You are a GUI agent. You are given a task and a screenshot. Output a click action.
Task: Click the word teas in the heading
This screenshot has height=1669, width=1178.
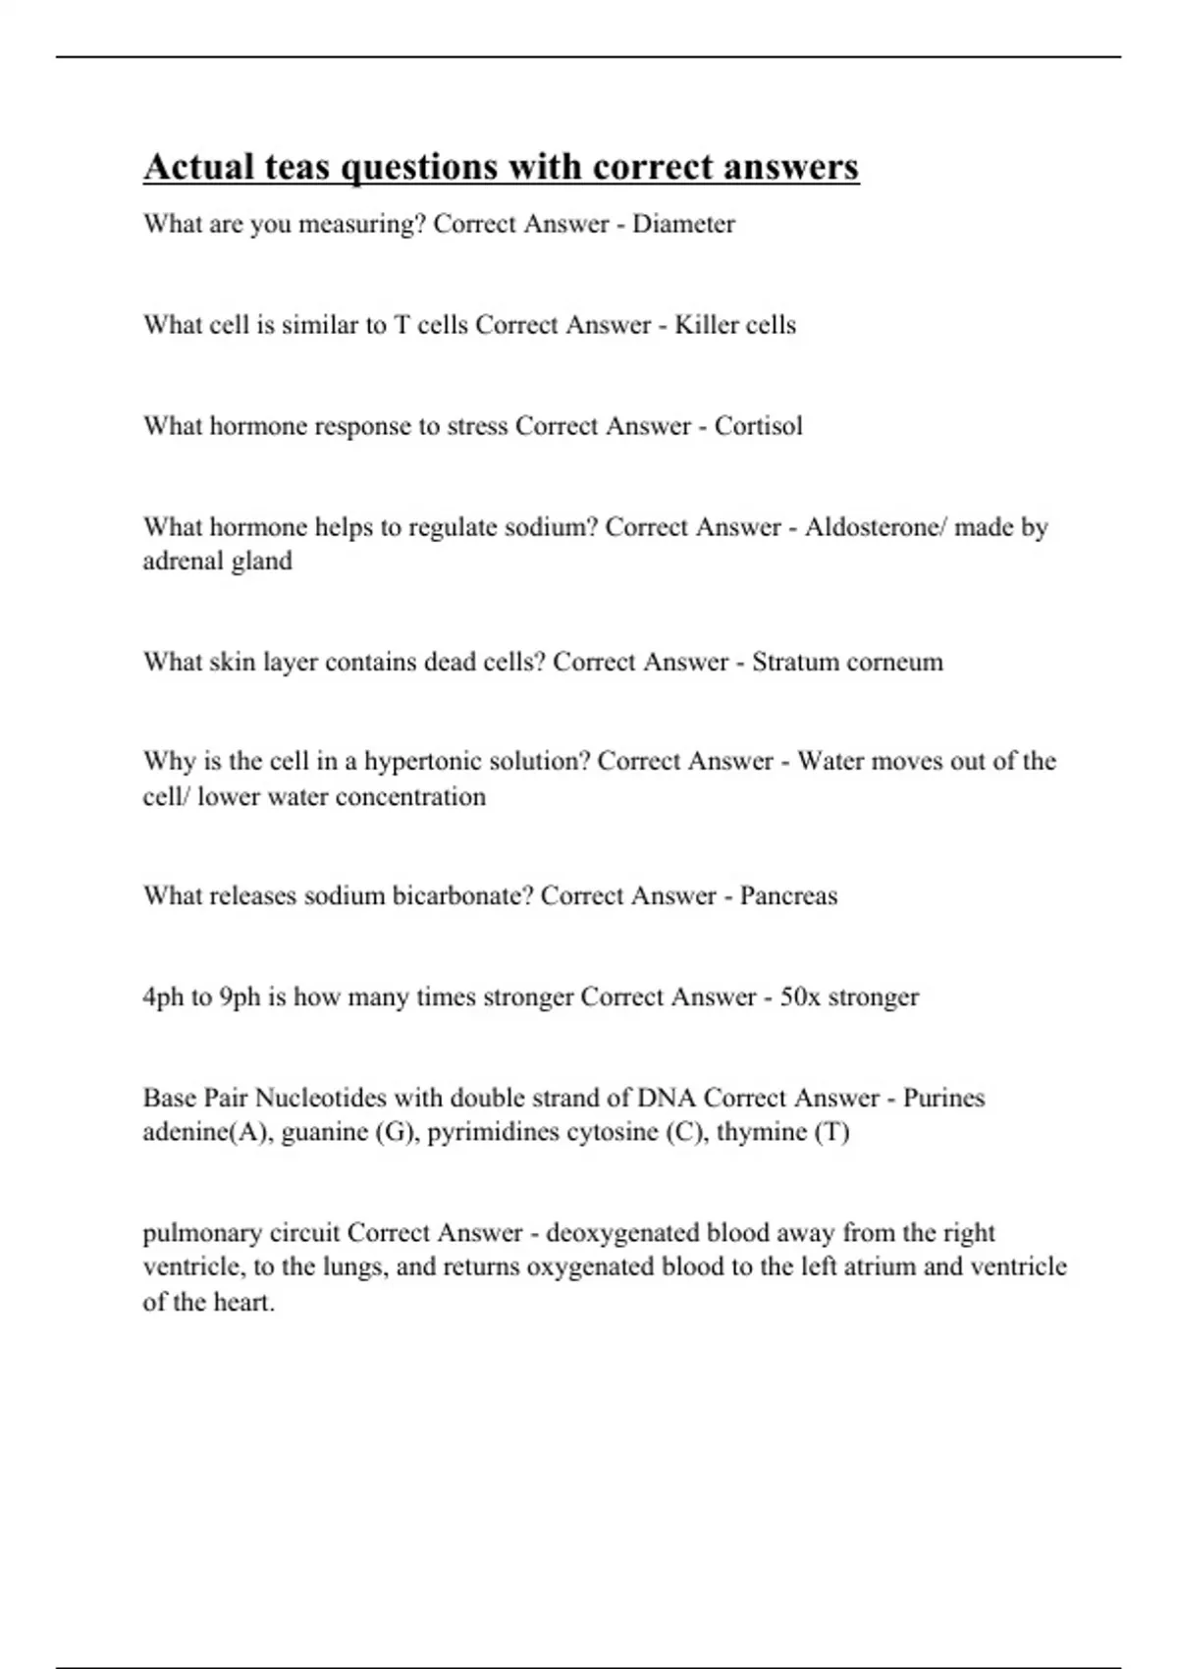click(294, 167)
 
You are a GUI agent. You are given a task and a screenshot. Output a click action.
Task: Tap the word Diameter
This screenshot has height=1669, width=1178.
click(683, 224)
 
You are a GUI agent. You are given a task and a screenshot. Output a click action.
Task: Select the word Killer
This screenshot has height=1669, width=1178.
click(702, 325)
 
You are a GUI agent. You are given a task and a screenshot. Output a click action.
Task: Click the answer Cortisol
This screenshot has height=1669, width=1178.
click(758, 426)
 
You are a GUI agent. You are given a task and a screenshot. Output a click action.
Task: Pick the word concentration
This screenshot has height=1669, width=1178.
click(410, 796)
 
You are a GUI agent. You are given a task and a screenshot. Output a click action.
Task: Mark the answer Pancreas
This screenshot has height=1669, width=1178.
click(788, 896)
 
